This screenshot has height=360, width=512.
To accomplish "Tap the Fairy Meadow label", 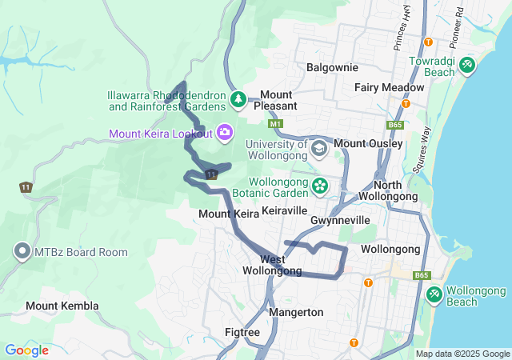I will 390,87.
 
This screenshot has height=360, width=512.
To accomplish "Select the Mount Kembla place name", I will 62,306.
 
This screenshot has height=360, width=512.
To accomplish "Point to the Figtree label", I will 242,331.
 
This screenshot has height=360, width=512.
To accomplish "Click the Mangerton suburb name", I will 296,312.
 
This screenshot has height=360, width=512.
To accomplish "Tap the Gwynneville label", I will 340,219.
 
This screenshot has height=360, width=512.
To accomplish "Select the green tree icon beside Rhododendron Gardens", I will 238,99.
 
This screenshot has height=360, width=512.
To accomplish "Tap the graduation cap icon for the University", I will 319,149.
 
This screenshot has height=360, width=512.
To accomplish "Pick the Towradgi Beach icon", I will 466,65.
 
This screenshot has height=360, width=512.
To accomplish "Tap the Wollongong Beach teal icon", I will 434,294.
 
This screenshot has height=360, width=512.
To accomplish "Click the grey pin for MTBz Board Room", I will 22,252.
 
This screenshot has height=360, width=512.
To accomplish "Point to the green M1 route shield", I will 276,124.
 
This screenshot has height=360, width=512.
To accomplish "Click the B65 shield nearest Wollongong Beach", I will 422,275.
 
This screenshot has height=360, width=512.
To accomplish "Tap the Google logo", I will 26,350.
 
